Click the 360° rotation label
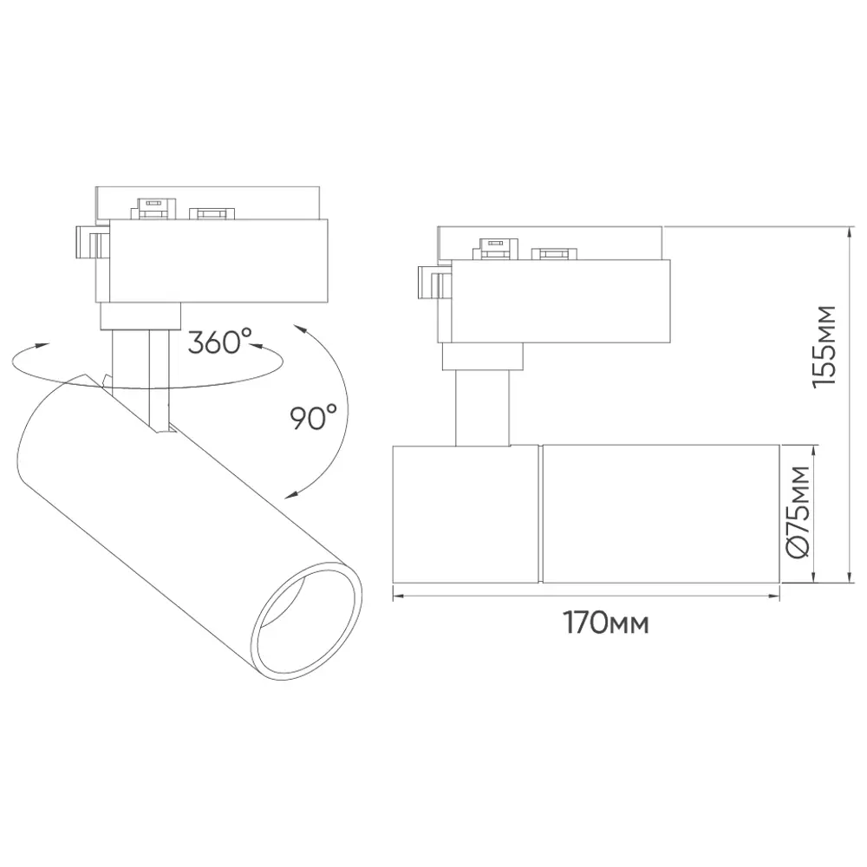click(x=219, y=341)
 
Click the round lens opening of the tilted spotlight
click(x=308, y=621)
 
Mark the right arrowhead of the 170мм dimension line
click(x=773, y=596)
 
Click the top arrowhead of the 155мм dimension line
click(x=849, y=232)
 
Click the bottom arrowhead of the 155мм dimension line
click(x=849, y=577)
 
